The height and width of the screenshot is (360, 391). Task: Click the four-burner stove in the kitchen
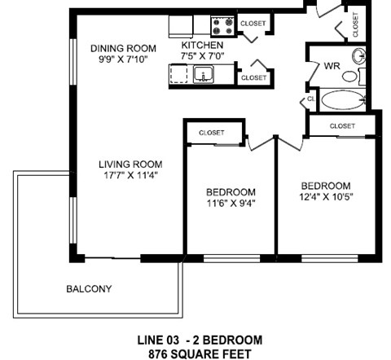(x=221, y=25)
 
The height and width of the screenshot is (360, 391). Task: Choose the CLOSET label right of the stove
(x=254, y=24)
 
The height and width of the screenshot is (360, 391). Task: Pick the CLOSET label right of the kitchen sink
(x=254, y=77)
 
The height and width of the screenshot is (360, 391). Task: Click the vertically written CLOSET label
(x=356, y=24)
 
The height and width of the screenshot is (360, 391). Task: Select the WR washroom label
(x=331, y=64)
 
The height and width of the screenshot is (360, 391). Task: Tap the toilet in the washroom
(x=352, y=77)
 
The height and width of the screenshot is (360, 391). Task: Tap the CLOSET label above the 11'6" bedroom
(x=212, y=131)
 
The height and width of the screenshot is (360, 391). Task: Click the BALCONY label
(x=89, y=289)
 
